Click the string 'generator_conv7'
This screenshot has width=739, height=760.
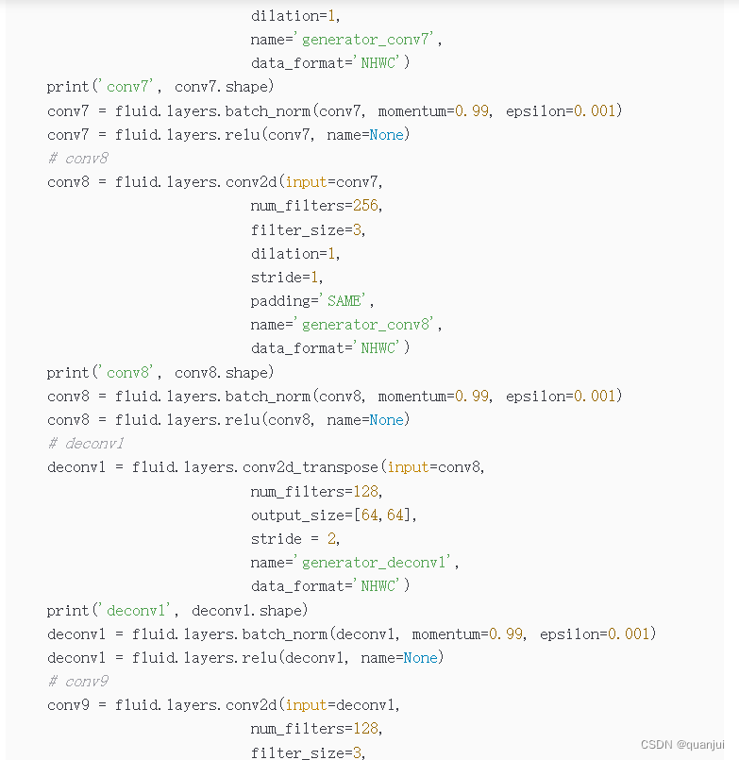pos(367,40)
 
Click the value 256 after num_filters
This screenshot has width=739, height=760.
pos(365,206)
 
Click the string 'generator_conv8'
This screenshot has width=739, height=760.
pos(367,325)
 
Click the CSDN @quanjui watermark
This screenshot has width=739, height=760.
pos(682,744)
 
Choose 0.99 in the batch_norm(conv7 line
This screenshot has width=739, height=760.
pos(472,111)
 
